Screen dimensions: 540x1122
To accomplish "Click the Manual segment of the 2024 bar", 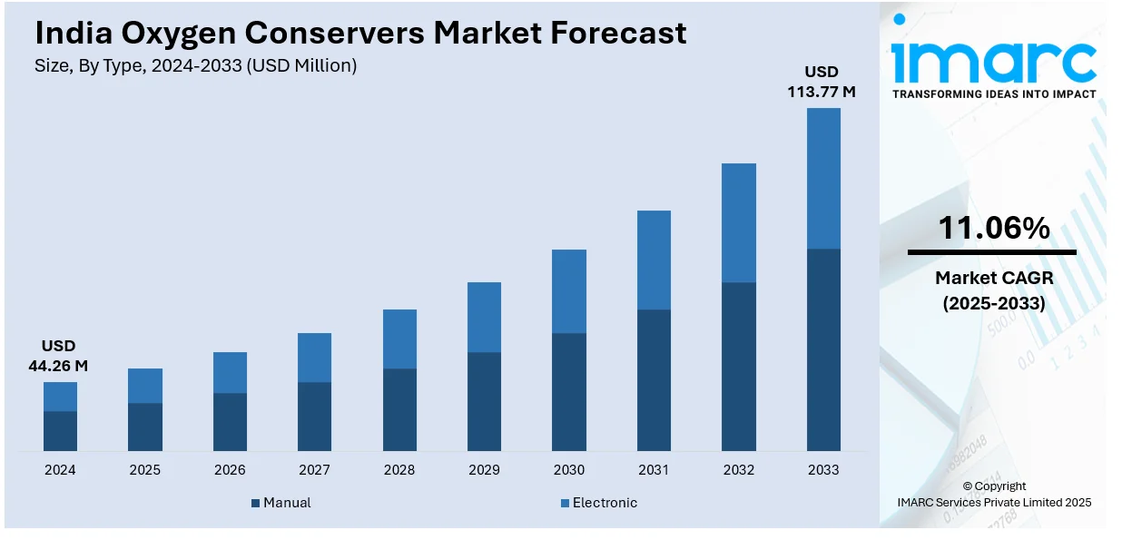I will click(60, 431).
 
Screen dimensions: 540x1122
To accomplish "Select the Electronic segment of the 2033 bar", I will click(823, 178).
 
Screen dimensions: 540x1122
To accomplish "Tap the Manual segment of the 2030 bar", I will click(569, 392).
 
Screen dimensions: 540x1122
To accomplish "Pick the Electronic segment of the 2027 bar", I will click(314, 358).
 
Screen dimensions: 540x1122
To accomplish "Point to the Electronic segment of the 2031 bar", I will click(654, 260).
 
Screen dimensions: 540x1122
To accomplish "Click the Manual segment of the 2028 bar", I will click(399, 409).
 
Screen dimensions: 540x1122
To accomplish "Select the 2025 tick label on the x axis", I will click(144, 470).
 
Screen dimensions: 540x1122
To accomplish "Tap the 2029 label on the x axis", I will click(484, 470).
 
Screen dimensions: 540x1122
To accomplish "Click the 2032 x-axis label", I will click(738, 470).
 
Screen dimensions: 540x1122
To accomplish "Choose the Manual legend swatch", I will click(256, 503).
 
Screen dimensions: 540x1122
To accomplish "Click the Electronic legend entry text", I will click(605, 503).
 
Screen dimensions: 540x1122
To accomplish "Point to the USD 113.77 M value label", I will click(822, 82).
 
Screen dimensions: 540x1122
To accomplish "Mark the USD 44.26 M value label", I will click(59, 356).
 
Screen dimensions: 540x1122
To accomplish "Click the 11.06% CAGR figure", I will click(993, 229).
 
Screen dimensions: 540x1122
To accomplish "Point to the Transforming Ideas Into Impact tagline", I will click(993, 93).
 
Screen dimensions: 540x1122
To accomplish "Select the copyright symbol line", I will click(994, 486).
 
